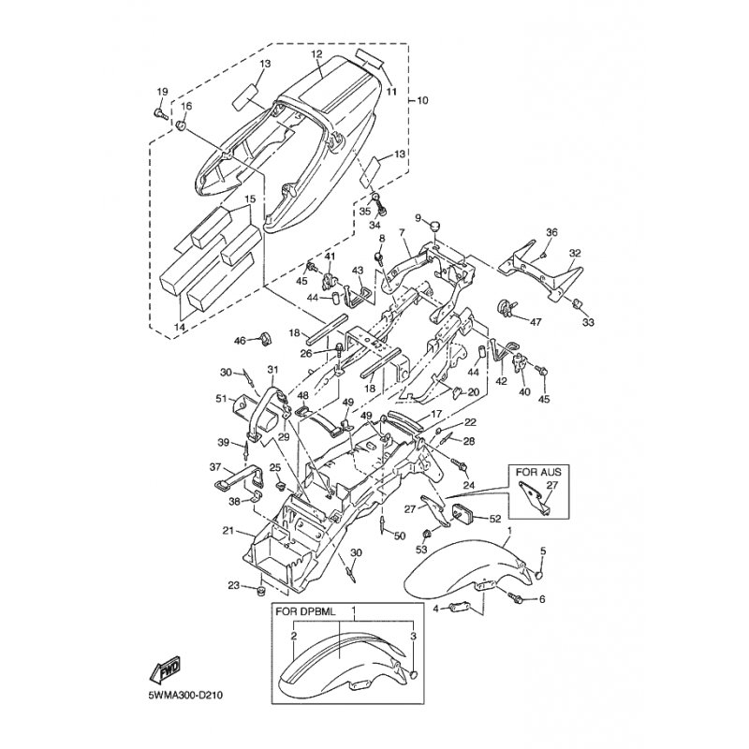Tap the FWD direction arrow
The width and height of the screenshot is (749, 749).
coord(165,670)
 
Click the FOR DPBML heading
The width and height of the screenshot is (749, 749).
coord(301,609)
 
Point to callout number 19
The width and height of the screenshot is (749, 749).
coord(161,91)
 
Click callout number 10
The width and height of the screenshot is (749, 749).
coord(421,98)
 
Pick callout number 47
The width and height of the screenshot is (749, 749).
coord(536,322)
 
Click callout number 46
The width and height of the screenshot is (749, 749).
coord(239,341)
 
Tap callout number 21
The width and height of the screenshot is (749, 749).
coord(228,531)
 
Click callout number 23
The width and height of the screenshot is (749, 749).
coord(233,585)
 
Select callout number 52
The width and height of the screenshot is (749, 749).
coord(495,518)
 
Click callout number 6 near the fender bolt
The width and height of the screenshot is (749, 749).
coord(541,599)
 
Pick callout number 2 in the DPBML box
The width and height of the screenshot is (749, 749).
coord(293,636)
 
